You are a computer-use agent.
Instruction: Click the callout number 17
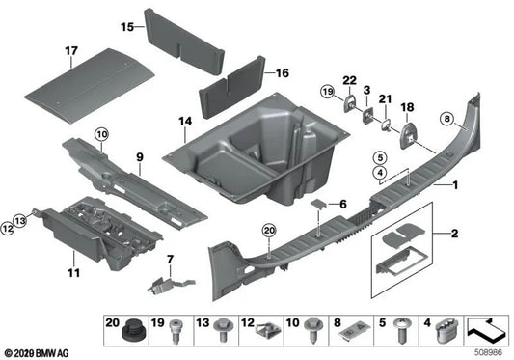click(70, 49)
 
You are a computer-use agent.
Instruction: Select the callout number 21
click(388, 99)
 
